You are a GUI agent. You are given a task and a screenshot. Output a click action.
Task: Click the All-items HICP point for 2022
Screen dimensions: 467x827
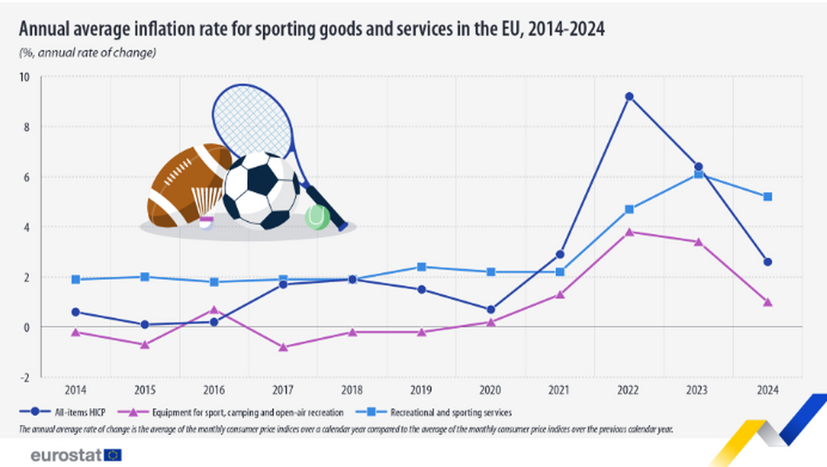(629, 97)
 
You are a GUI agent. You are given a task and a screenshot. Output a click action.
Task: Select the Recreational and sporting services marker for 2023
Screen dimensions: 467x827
(699, 174)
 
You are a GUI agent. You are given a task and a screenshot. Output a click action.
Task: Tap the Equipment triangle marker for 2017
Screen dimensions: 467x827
(283, 347)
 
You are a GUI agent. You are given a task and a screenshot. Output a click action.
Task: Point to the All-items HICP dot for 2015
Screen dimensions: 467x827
(145, 325)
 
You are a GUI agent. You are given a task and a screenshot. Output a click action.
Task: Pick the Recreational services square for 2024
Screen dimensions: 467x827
(767, 197)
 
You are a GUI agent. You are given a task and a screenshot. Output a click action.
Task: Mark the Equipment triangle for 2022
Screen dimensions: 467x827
(629, 232)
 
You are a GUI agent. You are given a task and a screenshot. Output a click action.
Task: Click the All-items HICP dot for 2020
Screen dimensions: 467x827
(490, 310)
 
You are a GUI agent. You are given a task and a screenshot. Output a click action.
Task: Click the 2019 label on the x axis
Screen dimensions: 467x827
(422, 388)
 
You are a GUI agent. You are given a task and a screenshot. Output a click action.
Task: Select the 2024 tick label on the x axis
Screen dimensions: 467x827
(767, 388)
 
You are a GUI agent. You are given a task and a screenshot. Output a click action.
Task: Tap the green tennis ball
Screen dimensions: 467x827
(317, 217)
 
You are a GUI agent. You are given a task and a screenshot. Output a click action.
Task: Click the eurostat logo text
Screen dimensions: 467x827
(67, 455)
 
